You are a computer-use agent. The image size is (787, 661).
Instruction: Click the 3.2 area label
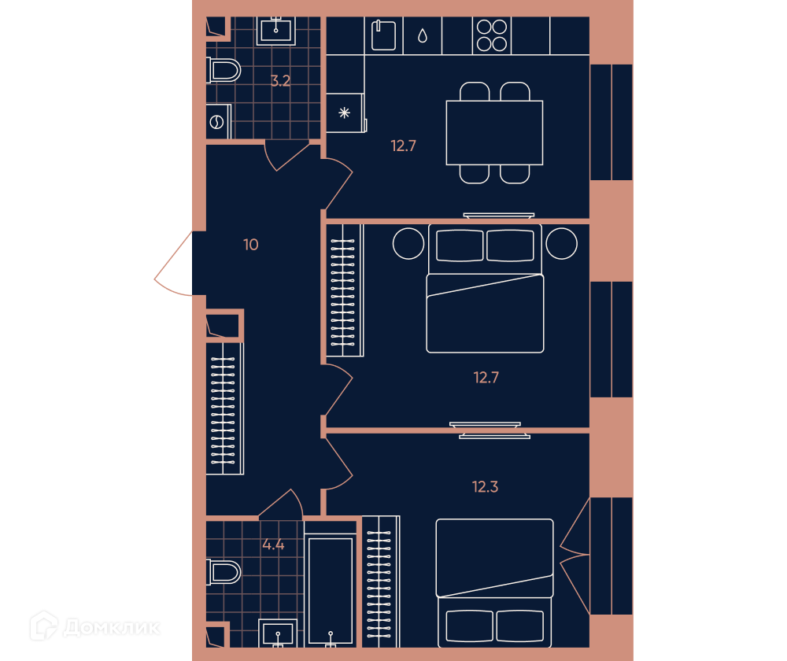click(280, 81)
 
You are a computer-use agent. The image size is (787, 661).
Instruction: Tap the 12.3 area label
click(485, 487)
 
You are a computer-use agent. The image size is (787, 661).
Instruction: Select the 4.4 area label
click(274, 545)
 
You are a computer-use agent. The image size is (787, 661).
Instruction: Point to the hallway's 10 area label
click(250, 245)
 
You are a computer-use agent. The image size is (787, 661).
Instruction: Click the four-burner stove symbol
click(492, 35)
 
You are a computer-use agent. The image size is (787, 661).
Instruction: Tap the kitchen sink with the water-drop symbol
click(422, 35)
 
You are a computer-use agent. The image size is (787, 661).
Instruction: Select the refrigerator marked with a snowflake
click(345, 113)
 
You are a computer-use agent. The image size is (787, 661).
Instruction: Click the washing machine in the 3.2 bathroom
click(218, 122)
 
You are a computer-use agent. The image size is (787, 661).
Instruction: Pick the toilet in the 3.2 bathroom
click(224, 70)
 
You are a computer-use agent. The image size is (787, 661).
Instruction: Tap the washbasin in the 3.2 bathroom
click(275, 31)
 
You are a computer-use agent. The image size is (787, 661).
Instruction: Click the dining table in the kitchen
click(494, 133)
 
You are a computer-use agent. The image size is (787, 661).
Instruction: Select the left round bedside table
click(408, 243)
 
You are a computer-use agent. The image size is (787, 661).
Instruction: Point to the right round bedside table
click(561, 243)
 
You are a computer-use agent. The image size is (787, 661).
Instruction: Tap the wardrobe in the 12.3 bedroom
click(381, 582)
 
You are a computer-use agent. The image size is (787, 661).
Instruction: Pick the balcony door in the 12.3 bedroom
click(575, 555)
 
